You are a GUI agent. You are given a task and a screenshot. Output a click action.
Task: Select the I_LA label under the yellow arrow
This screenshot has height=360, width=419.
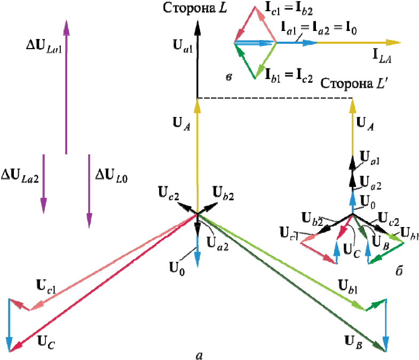click(x=382, y=60)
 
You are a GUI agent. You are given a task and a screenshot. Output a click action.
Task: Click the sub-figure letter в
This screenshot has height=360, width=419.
click(x=228, y=78)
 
